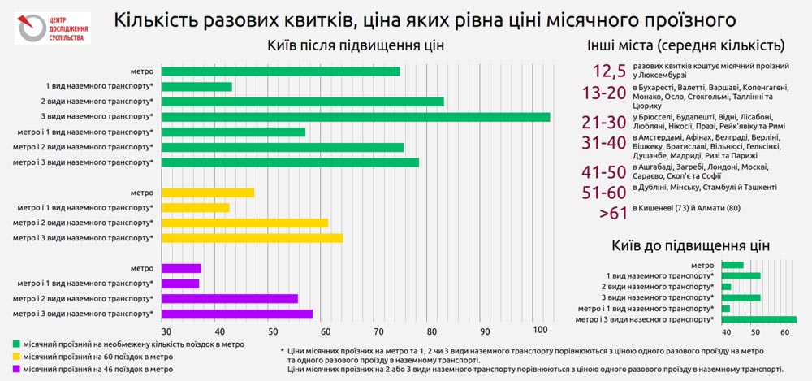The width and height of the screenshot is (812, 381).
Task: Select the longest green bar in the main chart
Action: tap(356, 117)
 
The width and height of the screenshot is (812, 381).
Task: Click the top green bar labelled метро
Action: tap(281, 71)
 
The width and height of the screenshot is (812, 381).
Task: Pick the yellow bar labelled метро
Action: tap(209, 193)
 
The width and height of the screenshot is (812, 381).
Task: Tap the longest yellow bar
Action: tap(253, 238)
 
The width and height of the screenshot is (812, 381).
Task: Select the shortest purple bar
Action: tap(180, 284)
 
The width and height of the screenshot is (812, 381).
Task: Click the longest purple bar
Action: tap(237, 314)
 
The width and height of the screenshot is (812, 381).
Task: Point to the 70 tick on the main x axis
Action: tap(378, 331)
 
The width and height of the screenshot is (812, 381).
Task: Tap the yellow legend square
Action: tap(18, 357)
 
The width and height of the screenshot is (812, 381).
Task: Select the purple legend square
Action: tap(18, 369)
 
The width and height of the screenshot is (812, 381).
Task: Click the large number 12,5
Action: tap(609, 70)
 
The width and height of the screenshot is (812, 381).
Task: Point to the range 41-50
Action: tap(605, 171)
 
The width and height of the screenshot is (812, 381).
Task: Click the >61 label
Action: tap(613, 213)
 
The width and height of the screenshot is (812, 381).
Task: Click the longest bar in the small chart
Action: tap(759, 319)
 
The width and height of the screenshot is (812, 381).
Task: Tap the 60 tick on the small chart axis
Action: tap(783, 332)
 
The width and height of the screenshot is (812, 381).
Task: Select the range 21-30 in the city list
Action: tap(605, 122)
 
